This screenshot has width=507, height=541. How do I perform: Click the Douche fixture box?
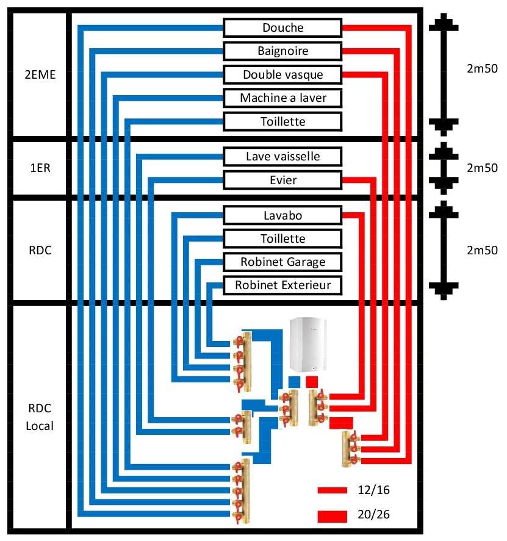(x=282, y=28)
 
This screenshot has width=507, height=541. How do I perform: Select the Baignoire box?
(x=282, y=51)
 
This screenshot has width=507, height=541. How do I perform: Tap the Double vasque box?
(x=282, y=74)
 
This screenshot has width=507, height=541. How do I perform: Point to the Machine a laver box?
(x=282, y=98)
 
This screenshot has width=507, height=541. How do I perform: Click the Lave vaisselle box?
(x=282, y=157)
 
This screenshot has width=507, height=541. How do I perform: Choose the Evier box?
(x=282, y=180)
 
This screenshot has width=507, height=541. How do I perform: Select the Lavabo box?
(x=282, y=215)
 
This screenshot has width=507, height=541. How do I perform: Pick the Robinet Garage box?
(x=282, y=262)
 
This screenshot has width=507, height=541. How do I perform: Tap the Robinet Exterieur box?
(x=282, y=285)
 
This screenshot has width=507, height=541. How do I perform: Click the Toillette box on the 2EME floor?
(x=282, y=121)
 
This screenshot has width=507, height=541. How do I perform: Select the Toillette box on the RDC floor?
(x=282, y=238)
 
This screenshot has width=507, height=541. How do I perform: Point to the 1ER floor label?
(x=39, y=168)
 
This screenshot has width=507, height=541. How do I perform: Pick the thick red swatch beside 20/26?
(x=332, y=516)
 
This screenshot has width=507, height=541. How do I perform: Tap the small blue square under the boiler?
(x=295, y=382)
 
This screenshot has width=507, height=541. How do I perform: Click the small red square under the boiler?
(x=312, y=382)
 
